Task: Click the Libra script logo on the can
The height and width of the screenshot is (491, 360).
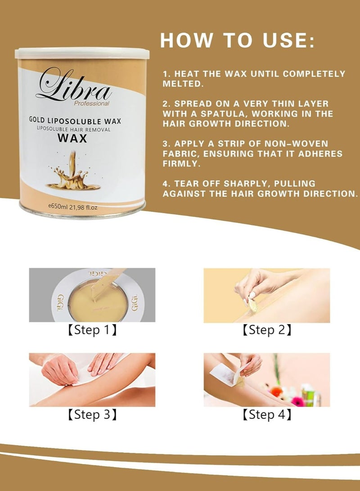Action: coord(74,84)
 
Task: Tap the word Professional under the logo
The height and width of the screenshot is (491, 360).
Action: coord(92,104)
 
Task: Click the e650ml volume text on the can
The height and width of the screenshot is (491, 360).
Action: coord(72,207)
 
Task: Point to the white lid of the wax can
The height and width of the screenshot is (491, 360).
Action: coord(82,53)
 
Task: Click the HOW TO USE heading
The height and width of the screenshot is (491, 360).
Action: coord(238,40)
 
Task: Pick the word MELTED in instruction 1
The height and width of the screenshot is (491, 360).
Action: coord(183,84)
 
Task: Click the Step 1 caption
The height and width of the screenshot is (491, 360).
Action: coord(92,330)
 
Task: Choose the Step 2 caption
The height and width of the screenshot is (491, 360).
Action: coord(267,330)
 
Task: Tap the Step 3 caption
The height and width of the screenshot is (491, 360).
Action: coord(92,414)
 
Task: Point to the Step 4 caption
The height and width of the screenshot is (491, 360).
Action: coord(267,414)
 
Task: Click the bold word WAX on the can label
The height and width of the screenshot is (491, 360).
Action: coord(72,138)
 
